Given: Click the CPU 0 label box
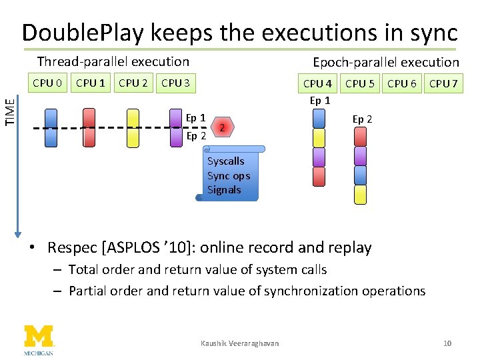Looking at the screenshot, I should click(48, 83).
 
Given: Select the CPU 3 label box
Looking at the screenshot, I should click(176, 83).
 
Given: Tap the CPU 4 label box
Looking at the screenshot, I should click(317, 83).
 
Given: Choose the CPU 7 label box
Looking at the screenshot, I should click(443, 83).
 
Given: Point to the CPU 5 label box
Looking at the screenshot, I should click(360, 83).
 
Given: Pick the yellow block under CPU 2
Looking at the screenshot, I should click(133, 127).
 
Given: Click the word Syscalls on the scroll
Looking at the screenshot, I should click(225, 161).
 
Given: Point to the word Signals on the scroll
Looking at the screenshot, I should click(224, 190).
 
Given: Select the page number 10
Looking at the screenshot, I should click(447, 343).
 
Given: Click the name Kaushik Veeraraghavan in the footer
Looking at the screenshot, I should click(240, 343).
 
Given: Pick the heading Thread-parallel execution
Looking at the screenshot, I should click(113, 62).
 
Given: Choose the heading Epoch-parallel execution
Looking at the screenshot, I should click(386, 63).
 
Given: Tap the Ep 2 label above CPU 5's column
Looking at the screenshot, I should click(362, 119).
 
